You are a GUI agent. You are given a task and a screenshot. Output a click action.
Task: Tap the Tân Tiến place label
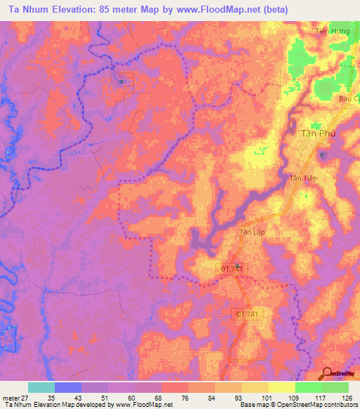pos(304,179)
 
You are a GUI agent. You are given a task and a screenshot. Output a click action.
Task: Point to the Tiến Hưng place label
pos(333,31)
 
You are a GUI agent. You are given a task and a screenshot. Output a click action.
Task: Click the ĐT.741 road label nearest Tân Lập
pos(231,268)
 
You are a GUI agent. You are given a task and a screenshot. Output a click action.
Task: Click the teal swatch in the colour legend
pos(41,387)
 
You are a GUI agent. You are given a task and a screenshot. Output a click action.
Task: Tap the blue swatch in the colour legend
pos(68,387)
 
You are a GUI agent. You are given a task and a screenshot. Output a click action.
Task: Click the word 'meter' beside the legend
pos(11,397)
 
